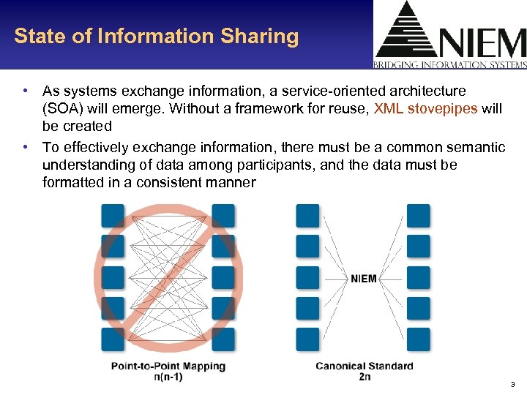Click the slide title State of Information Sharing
[156, 37]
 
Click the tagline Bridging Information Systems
[450, 64]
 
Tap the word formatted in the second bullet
[72, 182]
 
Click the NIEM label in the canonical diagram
[364, 278]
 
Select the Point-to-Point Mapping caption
[168, 366]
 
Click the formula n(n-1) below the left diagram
[168, 377]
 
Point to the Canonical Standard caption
[364, 366]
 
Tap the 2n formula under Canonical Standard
[364, 377]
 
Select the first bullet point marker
[26, 91]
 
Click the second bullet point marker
[26, 148]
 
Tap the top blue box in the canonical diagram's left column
[307, 215]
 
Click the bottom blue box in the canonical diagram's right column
[418, 339]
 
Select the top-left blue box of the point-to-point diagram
[113, 215]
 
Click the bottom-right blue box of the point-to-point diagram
[223, 339]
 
